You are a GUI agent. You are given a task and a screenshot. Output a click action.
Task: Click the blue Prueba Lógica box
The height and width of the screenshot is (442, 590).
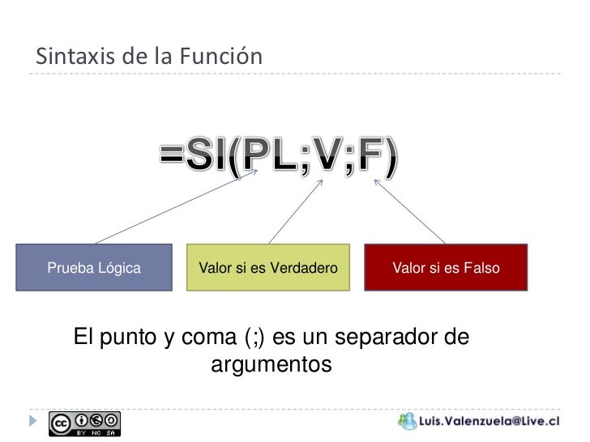click(x=94, y=268)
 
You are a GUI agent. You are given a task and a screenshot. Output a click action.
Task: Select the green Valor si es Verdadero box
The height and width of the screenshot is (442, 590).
click(x=268, y=268)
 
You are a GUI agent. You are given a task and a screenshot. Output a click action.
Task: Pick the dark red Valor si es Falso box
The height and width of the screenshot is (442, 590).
click(x=446, y=268)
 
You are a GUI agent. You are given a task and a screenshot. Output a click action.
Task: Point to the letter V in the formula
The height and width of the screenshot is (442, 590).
click(x=323, y=159)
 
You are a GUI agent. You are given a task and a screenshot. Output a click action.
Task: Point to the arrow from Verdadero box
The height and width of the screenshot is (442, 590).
click(x=296, y=211)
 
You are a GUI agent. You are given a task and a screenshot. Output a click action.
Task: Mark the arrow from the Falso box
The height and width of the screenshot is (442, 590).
click(x=408, y=211)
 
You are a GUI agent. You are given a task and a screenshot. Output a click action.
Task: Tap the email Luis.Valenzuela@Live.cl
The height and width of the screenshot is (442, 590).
click(x=490, y=422)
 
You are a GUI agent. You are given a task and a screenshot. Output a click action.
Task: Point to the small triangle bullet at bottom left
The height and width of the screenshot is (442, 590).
click(x=32, y=421)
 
